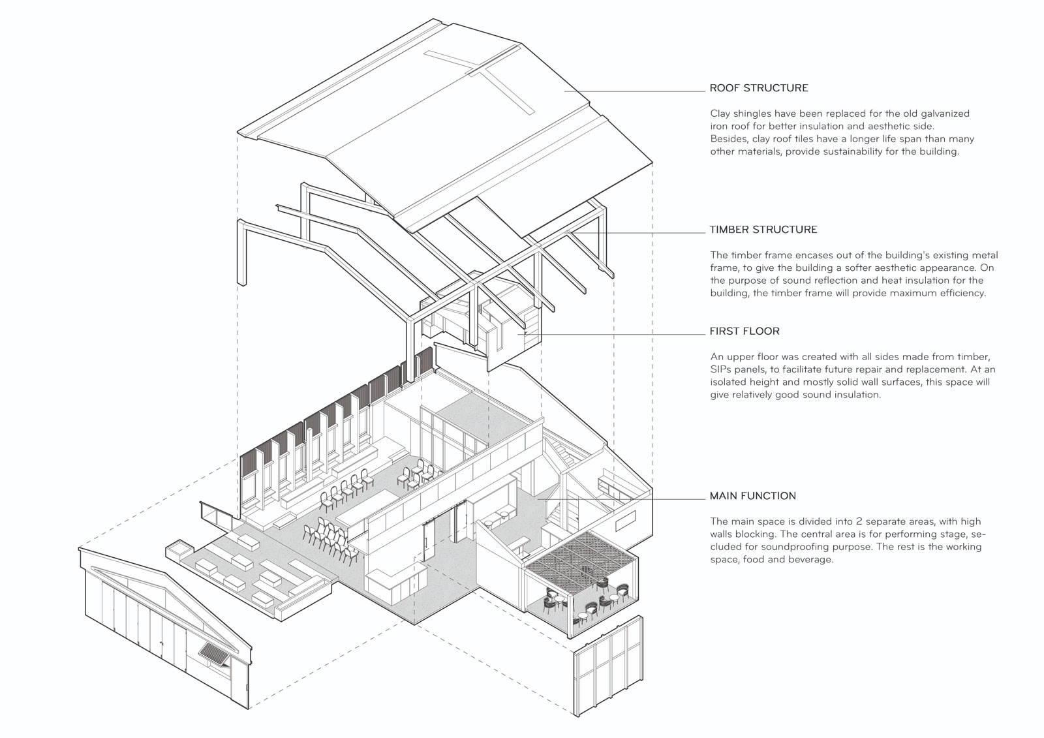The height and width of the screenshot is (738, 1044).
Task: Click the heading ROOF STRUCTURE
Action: pos(759,88)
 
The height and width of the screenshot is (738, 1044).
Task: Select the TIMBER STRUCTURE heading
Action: pos(763,230)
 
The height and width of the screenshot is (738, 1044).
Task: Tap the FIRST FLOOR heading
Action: pos(745,331)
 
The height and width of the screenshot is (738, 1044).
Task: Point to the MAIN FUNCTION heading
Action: pos(753,496)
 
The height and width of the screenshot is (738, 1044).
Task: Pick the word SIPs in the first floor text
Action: pos(722,369)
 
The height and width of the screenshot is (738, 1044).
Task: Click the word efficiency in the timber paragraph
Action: pos(959,293)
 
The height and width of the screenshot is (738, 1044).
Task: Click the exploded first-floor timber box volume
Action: pos(483,320)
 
